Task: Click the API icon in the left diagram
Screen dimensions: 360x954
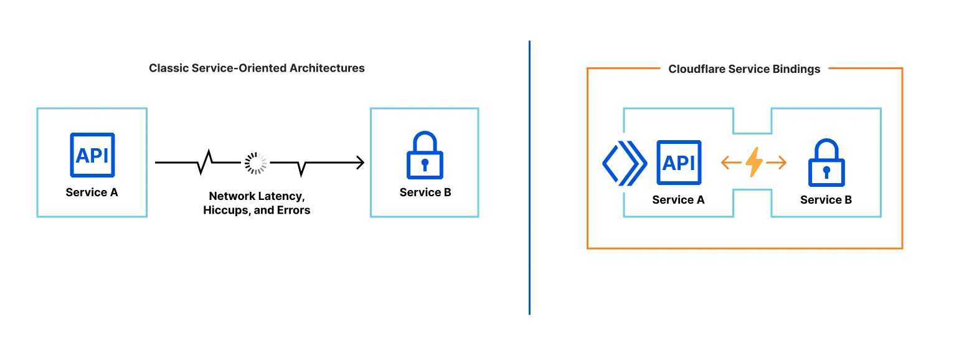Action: pos(92,156)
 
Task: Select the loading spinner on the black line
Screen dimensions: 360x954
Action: pos(255,163)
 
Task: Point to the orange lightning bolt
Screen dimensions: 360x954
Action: pos(753,163)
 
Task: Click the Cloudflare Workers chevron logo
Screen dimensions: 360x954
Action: pos(624,163)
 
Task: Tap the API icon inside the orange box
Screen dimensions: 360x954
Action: pos(678,163)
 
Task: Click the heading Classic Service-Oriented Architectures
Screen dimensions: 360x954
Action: pos(257,68)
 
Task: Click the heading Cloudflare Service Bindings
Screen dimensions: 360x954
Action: pos(744,69)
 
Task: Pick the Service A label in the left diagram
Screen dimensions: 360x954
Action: pos(92,192)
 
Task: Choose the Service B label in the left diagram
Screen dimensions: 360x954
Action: pos(425,192)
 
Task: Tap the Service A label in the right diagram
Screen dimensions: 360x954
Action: pos(678,200)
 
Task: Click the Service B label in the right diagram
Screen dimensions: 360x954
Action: pos(826,200)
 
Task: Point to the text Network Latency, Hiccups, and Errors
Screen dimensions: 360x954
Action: pos(257,203)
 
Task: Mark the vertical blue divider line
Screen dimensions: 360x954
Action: pos(529,178)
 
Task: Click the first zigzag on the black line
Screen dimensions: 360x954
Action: pos(205,163)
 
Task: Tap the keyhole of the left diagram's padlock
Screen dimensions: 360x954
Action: pos(425,165)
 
